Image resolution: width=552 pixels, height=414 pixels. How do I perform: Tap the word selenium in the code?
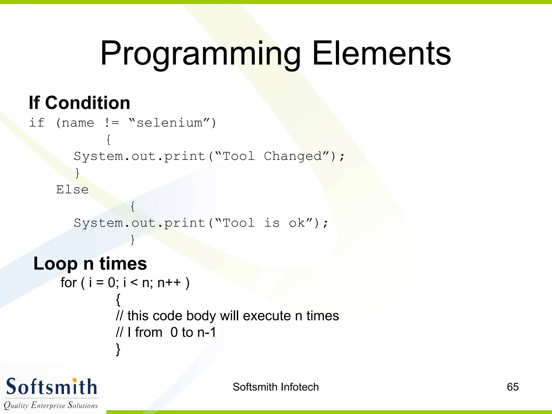(x=169, y=123)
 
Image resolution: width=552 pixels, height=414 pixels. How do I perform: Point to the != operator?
(x=111, y=123)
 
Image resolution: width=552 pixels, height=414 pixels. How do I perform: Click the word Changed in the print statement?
(x=293, y=156)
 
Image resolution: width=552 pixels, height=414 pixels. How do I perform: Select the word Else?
(x=72, y=190)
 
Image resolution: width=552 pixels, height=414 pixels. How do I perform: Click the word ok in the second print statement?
(x=297, y=223)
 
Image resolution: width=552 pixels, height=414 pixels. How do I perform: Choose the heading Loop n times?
(x=90, y=263)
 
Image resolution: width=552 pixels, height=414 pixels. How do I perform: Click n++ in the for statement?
(x=169, y=283)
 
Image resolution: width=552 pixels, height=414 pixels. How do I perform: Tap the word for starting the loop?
(x=68, y=283)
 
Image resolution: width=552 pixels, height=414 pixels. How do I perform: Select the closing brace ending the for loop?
(x=118, y=349)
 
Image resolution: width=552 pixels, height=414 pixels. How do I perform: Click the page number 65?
(x=513, y=387)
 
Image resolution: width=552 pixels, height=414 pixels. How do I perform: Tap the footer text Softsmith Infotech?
(x=276, y=387)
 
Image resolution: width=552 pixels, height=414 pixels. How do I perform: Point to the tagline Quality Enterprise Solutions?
(x=51, y=405)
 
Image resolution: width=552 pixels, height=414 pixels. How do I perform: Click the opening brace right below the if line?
(x=108, y=140)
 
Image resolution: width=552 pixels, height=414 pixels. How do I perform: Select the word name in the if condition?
(x=78, y=123)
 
